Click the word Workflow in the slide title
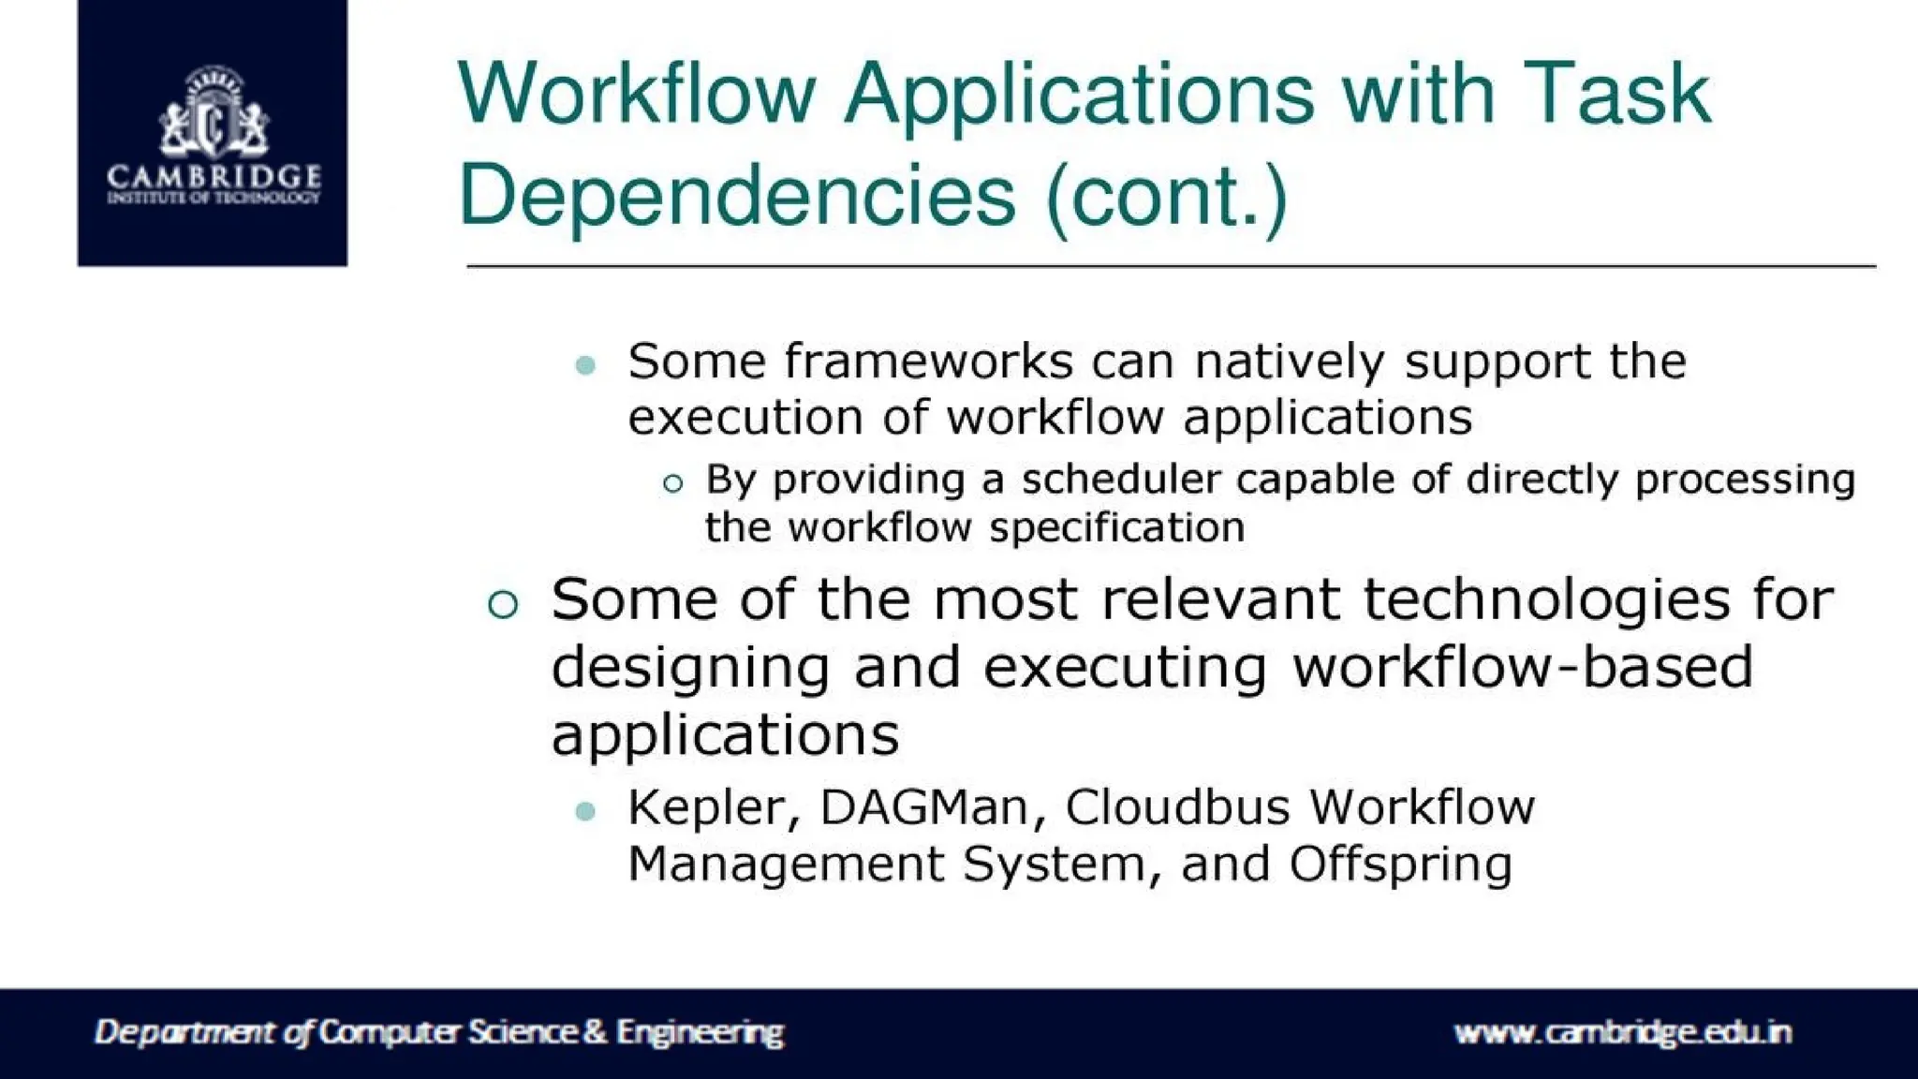click(x=637, y=94)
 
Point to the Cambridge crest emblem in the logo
click(x=214, y=112)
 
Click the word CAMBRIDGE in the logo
click(x=214, y=175)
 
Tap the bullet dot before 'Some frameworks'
click(x=586, y=365)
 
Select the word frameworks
click(x=928, y=362)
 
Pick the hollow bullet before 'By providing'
click(x=672, y=483)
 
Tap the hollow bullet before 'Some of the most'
click(x=503, y=604)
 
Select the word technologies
click(x=1546, y=599)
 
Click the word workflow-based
click(x=1522, y=667)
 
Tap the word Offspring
click(x=1400, y=864)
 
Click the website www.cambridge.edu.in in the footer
click(x=1622, y=1032)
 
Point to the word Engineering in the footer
click(x=700, y=1032)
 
